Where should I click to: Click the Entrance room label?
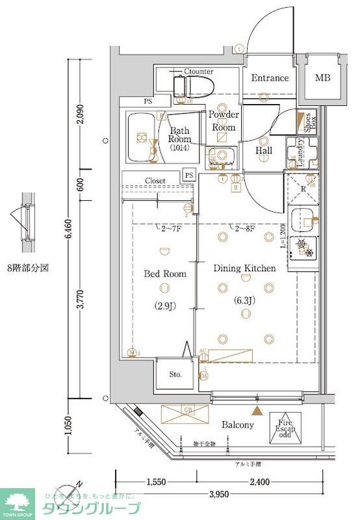(x=270, y=78)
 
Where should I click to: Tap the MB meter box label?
(x=322, y=78)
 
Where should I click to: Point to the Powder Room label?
(x=224, y=121)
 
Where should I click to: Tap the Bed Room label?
(x=164, y=274)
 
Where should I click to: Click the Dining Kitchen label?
(x=245, y=268)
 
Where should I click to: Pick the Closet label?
(x=155, y=181)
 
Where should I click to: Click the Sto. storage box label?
(x=175, y=375)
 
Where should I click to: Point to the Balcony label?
(x=238, y=424)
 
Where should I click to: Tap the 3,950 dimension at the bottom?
(x=218, y=495)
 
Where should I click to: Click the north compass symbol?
(x=68, y=493)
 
